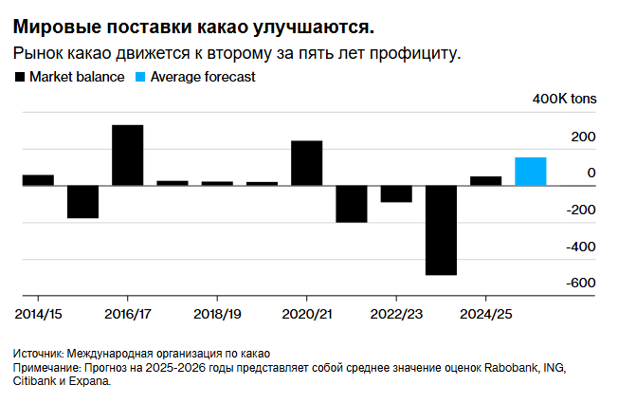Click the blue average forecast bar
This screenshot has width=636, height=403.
tap(530, 171)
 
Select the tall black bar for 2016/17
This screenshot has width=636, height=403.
tap(128, 155)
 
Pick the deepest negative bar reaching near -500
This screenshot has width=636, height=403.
tap(441, 230)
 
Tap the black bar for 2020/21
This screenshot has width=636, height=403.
tap(306, 163)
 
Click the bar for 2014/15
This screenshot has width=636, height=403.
tap(38, 180)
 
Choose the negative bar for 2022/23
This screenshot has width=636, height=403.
tap(396, 193)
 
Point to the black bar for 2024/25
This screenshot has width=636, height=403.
tap(485, 180)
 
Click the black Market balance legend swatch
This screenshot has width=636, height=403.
tap(19, 78)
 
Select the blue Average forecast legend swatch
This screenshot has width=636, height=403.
tap(141, 78)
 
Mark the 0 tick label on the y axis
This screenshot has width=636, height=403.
tap(591, 173)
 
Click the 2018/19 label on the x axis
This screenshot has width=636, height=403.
tap(217, 312)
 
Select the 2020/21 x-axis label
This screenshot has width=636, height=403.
tap(306, 312)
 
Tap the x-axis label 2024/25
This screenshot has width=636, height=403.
tap(485, 312)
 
